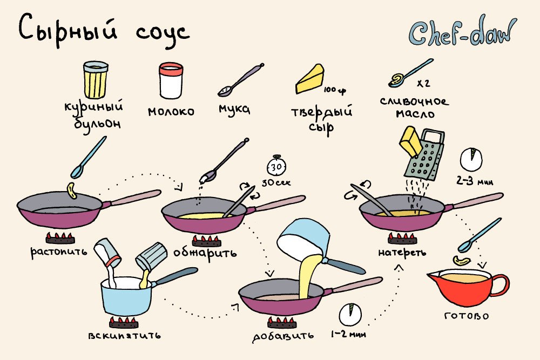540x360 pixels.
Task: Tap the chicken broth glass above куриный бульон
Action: point(96,80)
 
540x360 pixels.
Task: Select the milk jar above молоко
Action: point(171,80)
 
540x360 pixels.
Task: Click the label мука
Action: point(234,109)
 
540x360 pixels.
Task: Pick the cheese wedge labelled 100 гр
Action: point(310,79)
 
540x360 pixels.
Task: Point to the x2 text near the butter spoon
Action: point(423,83)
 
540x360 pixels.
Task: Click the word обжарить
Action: point(205,253)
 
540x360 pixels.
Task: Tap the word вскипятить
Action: point(124,335)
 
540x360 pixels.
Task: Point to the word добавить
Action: point(283,336)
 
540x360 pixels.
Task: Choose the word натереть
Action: point(402,253)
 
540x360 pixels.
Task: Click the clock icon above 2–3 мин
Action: point(471,159)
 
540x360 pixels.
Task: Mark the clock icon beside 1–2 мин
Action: point(350,314)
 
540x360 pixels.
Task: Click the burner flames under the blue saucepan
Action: point(124,322)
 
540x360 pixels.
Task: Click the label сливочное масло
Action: point(415,107)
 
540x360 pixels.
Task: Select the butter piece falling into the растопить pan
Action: point(72,191)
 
